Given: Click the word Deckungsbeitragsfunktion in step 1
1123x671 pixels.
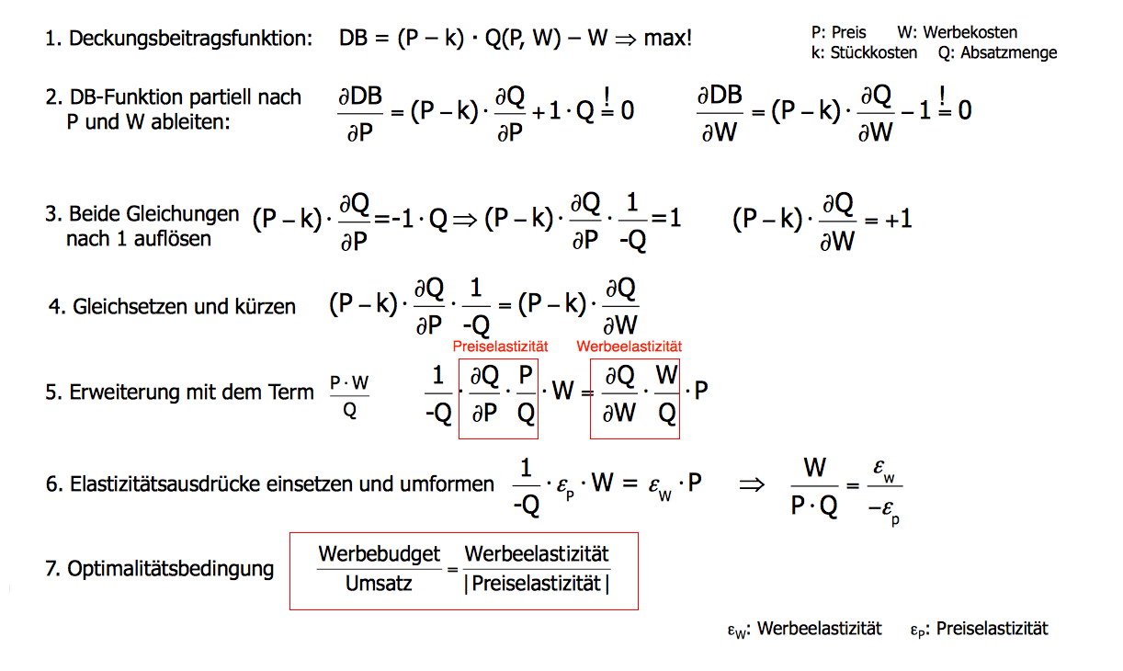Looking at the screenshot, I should click(x=190, y=40).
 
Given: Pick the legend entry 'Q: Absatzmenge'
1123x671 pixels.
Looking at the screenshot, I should click(x=997, y=52).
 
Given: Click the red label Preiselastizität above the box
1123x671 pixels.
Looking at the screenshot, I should click(x=500, y=347).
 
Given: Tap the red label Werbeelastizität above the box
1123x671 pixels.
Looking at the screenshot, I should click(x=630, y=347).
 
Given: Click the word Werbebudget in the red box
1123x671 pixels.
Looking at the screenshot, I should click(x=380, y=554).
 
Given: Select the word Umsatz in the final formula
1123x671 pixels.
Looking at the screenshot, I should click(x=379, y=583).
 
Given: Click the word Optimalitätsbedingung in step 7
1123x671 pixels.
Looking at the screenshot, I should click(x=171, y=569).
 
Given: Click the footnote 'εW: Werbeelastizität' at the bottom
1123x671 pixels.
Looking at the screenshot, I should click(x=803, y=629).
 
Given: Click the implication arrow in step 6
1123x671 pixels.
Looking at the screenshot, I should click(x=752, y=483).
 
